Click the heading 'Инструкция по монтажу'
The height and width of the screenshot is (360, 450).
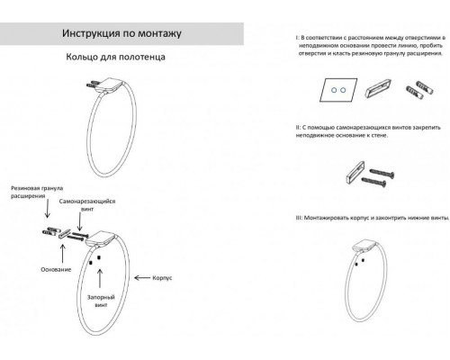tap(122, 35)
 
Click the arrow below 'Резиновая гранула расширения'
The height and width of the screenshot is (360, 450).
tap(43, 217)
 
